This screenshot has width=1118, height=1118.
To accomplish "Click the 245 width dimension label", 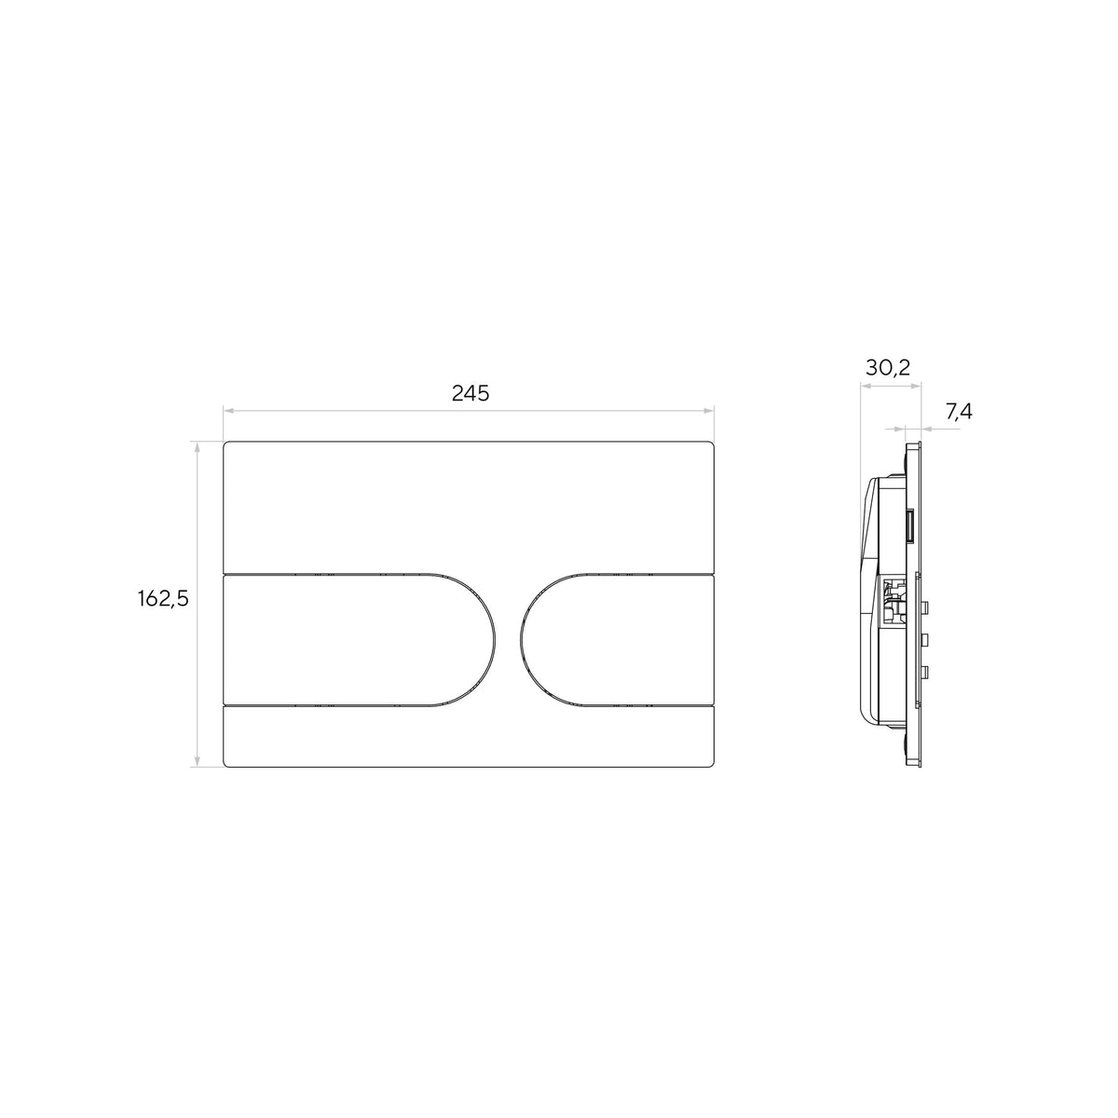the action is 470,393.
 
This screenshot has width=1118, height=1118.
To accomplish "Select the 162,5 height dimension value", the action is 164,599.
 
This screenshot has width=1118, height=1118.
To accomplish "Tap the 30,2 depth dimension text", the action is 888,367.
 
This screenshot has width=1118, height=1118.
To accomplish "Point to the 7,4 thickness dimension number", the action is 959,412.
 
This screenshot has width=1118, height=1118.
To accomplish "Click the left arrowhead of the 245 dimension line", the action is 228,411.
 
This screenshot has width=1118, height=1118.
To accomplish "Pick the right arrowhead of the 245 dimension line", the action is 709,411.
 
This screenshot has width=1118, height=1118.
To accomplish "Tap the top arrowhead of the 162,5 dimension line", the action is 198,446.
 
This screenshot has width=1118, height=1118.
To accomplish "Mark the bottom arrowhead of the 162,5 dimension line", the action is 198,763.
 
